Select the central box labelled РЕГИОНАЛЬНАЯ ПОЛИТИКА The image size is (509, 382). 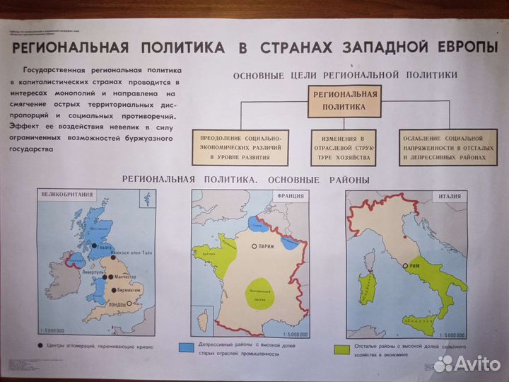pos(344,100)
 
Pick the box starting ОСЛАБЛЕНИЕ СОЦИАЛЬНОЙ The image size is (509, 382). pos(444,146)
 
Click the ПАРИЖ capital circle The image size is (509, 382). pos(254,247)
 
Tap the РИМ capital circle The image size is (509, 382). pos(405,266)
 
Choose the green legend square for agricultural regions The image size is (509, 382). pos(338,348)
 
